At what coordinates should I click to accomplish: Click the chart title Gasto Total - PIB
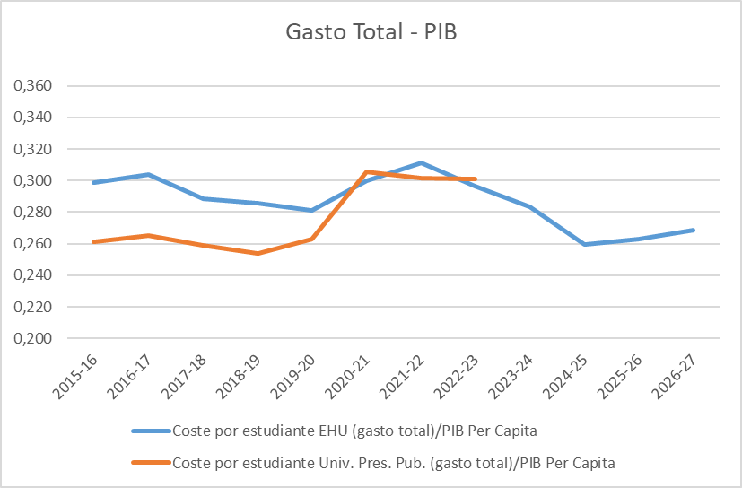pos(371,32)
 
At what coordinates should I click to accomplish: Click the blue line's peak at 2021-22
pos(421,163)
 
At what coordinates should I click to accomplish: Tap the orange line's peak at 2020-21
pos(366,171)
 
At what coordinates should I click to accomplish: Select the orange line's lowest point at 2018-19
pos(257,253)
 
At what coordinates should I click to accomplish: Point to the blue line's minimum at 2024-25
pos(584,244)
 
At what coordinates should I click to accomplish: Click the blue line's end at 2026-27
pos(694,230)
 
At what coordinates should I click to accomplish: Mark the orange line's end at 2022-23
pos(476,179)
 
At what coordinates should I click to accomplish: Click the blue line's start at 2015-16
pos(93,182)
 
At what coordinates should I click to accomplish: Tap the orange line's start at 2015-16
pos(93,241)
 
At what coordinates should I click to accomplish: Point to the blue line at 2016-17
pos(148,174)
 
